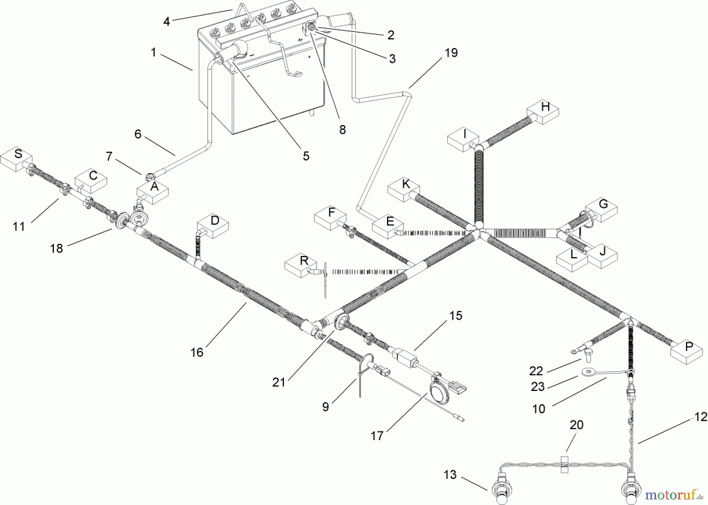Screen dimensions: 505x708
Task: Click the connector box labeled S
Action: pos(16,159)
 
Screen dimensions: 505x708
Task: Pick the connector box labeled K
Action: pos(404,189)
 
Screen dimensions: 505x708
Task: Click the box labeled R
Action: pos(301,265)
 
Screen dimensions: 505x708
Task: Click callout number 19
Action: pos(451,53)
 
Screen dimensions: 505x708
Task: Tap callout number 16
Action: pos(197,352)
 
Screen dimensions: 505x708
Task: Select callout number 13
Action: pos(450,474)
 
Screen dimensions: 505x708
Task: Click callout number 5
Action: pos(306,156)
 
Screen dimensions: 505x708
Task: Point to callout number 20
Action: pos(576,425)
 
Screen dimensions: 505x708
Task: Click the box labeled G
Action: pos(601,208)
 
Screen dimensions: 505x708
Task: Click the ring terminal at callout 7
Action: pos(149,175)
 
